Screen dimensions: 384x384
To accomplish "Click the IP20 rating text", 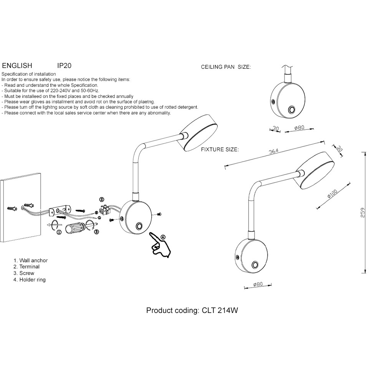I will (x=64, y=66).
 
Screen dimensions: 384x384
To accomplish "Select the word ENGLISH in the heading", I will (x=17, y=66).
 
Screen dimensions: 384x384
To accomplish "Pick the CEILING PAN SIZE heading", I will (x=226, y=67).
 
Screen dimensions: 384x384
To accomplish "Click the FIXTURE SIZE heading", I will (x=220, y=149).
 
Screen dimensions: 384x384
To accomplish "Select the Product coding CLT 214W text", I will (x=192, y=310).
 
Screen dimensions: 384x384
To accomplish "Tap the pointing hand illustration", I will (x=160, y=246).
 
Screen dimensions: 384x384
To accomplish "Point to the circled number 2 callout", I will (x=102, y=199).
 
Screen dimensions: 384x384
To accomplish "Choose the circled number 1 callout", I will (x=59, y=232).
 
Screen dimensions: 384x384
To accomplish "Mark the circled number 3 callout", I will (x=96, y=232).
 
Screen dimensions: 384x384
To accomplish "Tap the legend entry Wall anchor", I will (x=30, y=260).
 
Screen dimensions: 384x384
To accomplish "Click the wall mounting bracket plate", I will (x=60, y=210).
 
